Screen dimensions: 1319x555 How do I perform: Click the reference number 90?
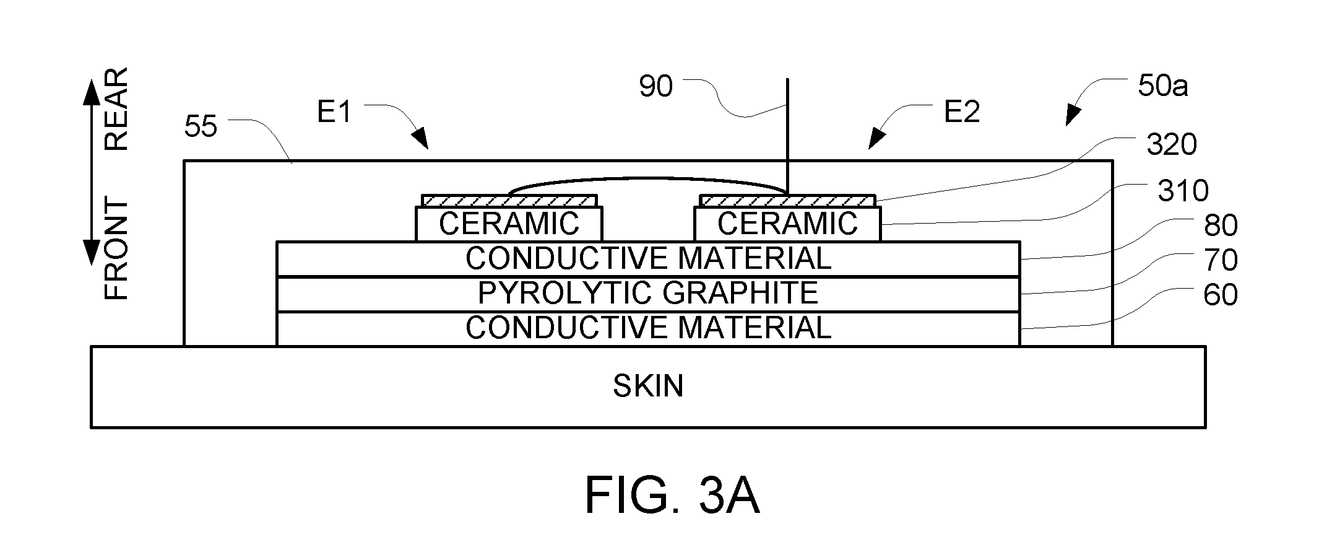click(655, 87)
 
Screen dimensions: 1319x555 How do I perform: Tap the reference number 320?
click(1172, 144)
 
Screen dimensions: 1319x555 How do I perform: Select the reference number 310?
click(1183, 191)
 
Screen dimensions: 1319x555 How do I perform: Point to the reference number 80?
click(1221, 225)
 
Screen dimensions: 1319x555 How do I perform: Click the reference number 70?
click(1221, 260)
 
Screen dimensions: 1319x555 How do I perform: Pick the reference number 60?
click(1221, 295)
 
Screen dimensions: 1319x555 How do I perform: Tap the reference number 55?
click(201, 127)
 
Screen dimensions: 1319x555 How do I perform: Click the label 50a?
click(1162, 87)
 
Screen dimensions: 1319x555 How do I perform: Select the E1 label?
click(334, 112)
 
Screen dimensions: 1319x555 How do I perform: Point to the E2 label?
click(962, 112)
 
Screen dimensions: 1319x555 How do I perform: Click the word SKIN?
click(648, 386)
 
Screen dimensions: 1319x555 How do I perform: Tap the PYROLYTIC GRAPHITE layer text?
click(648, 293)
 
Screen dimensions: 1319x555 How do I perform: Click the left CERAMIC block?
click(508, 224)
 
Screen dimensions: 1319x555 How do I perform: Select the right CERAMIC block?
click(787, 224)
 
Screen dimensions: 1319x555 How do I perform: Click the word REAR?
click(116, 109)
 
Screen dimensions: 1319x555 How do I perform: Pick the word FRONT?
click(116, 250)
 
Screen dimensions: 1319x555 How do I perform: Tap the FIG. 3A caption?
click(672, 496)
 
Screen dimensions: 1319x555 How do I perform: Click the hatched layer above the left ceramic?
click(509, 201)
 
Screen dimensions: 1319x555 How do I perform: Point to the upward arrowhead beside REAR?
click(91, 92)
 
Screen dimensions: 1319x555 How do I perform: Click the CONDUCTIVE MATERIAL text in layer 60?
click(648, 328)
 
